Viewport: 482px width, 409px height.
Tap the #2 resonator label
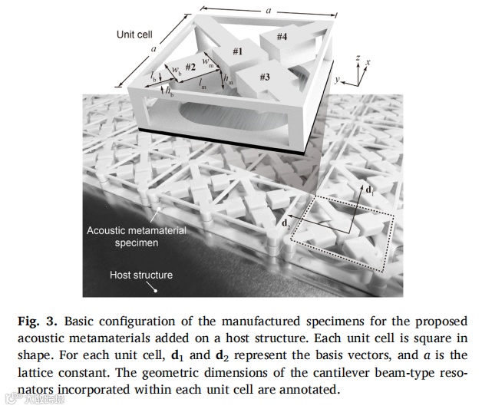(x=191, y=68)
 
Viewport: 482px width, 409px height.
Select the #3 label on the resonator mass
(x=264, y=77)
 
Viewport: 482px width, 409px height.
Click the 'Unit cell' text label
(x=134, y=35)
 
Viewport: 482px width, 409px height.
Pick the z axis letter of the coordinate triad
(x=358, y=58)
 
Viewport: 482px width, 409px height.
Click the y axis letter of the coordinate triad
(x=337, y=79)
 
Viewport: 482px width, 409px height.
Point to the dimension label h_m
(x=226, y=78)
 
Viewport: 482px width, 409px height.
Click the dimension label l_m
(x=202, y=87)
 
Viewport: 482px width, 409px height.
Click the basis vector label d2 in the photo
(x=287, y=223)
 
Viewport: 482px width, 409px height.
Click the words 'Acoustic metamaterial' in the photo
(x=136, y=230)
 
